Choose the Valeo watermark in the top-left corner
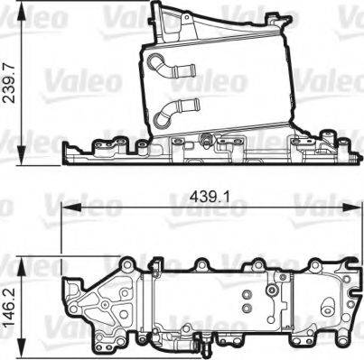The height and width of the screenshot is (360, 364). click(x=27, y=15)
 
